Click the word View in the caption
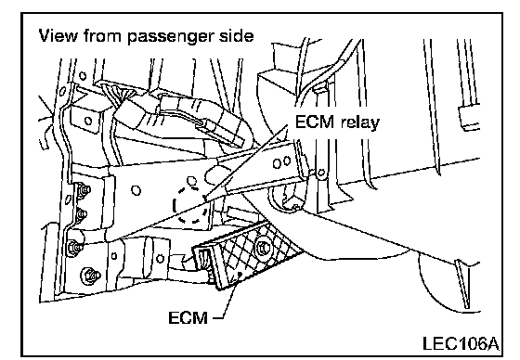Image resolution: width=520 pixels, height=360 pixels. click(x=58, y=36)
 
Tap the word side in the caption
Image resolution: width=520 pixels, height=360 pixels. click(x=237, y=35)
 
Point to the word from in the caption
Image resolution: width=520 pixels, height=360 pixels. click(x=103, y=36)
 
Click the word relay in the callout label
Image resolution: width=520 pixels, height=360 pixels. click(x=360, y=122)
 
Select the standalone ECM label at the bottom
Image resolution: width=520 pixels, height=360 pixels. click(x=188, y=317)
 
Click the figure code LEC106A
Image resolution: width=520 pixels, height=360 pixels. click(x=461, y=343)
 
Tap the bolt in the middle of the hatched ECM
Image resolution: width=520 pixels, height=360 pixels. click(x=264, y=247)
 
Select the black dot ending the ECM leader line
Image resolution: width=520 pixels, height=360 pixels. click(x=240, y=274)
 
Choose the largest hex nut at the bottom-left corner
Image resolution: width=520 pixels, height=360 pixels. click(x=90, y=276)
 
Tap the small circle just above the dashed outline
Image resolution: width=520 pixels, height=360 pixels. click(x=191, y=181)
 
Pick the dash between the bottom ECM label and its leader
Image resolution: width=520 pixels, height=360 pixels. click(x=216, y=317)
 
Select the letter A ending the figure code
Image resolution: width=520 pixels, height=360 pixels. click(x=491, y=343)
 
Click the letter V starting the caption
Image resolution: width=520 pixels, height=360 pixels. click(x=45, y=36)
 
